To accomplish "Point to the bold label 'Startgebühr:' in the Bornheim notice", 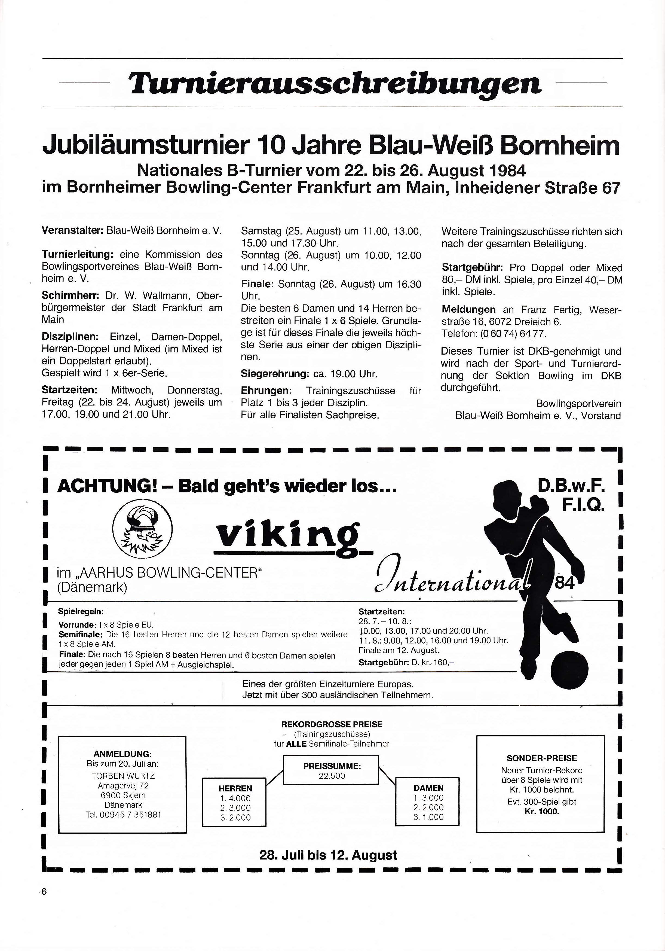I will pyautogui.click(x=473, y=268).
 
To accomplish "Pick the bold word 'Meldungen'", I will pyautogui.click(x=468, y=309).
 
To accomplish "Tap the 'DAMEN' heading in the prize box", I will pyautogui.click(x=428, y=788).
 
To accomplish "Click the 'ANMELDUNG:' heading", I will pyautogui.click(x=122, y=754).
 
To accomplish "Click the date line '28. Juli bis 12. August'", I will pyautogui.click(x=328, y=855).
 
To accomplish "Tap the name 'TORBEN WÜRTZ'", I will pyautogui.click(x=123, y=776).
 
